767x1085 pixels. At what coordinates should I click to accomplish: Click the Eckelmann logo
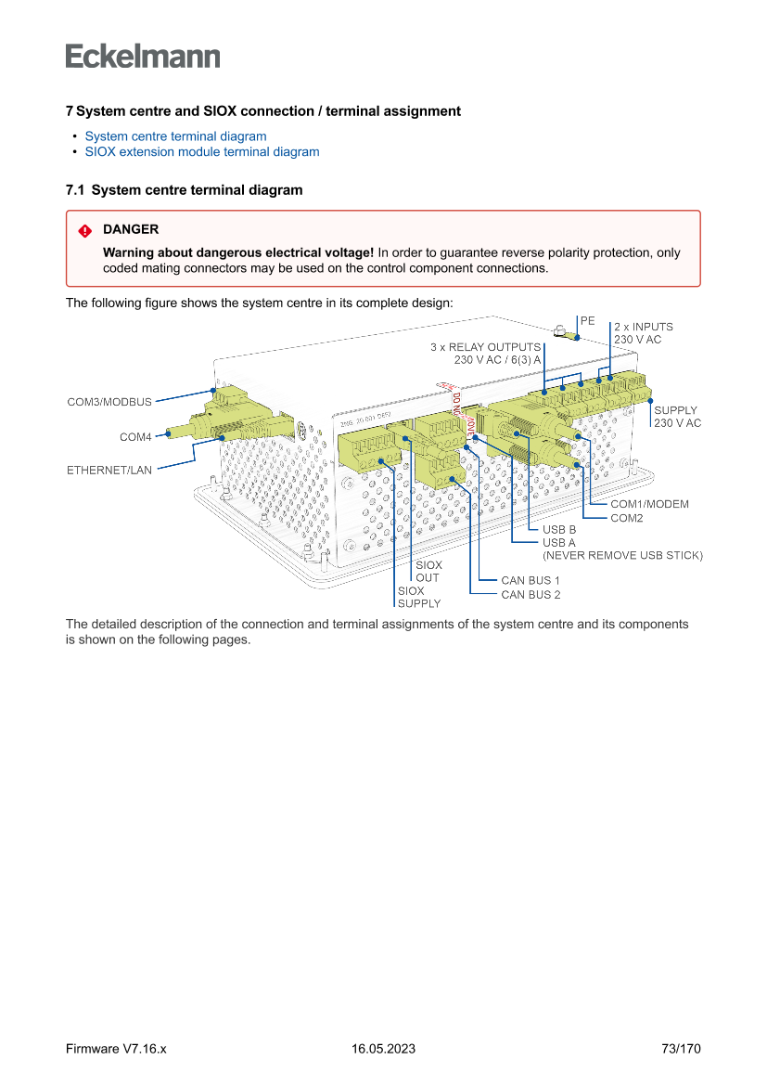143,57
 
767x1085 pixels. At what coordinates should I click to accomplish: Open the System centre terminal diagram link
175,136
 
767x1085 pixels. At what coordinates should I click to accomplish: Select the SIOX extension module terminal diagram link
201,152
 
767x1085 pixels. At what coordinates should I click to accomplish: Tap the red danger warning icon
85,230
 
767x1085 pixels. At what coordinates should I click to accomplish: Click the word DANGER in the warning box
131,229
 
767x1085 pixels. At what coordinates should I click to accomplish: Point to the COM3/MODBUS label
109,403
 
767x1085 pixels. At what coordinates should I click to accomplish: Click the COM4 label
135,437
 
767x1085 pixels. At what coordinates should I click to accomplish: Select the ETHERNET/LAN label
109,471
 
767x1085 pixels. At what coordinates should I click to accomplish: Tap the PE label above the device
588,320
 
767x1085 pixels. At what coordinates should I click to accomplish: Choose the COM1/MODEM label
649,504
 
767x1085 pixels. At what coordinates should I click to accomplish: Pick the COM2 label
626,518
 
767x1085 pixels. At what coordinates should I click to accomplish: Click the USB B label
559,530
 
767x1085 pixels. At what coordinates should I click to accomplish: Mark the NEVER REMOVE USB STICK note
622,556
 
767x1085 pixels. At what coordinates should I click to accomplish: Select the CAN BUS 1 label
531,581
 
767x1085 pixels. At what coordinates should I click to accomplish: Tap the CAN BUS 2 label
531,595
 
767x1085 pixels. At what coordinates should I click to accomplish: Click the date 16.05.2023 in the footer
383,1049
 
